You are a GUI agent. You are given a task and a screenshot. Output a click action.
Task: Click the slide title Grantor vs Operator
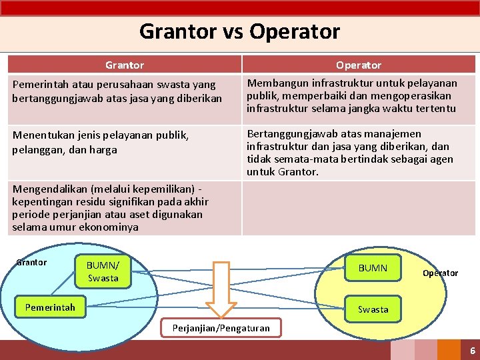click(x=239, y=31)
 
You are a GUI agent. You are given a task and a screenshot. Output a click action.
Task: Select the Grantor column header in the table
click(x=125, y=65)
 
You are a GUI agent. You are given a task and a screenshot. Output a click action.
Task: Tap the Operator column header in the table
click(x=359, y=65)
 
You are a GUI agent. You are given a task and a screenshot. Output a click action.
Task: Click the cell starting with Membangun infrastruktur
click(x=358, y=96)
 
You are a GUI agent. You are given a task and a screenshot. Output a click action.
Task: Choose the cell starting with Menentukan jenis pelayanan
click(x=125, y=142)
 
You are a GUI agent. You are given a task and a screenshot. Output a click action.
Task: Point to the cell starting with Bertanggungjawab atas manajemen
click(x=358, y=153)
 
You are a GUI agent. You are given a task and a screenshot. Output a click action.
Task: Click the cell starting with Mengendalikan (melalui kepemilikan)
click(x=125, y=208)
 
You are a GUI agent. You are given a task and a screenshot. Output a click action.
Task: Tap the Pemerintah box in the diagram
click(x=50, y=307)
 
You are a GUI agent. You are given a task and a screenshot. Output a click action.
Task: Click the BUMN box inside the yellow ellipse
click(x=373, y=268)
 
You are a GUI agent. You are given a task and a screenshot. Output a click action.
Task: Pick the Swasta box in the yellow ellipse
click(x=373, y=309)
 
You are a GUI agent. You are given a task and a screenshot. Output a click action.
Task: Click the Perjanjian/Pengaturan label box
click(x=221, y=327)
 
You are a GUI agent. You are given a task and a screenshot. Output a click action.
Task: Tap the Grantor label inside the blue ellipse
click(x=31, y=262)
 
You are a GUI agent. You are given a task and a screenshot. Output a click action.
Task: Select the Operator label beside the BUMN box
click(x=440, y=273)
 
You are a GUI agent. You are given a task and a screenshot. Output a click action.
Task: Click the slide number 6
click(x=472, y=351)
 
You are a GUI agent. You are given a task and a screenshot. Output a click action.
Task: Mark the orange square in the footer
click(x=449, y=350)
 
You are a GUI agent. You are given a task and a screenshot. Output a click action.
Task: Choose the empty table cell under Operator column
click(x=358, y=208)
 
